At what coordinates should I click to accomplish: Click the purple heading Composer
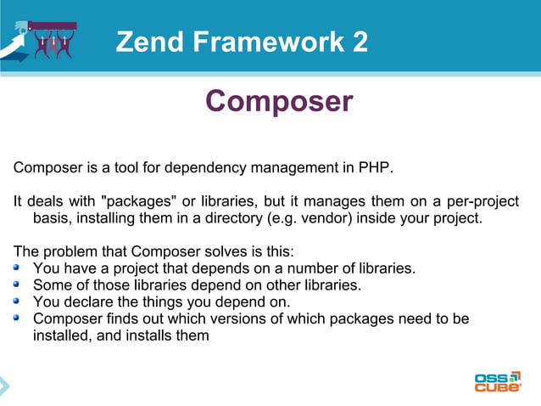pos(278,101)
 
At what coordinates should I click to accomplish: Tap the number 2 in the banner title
pos(360,42)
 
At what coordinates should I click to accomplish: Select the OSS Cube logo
pos(497,381)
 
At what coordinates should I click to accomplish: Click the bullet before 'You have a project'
pos(19,268)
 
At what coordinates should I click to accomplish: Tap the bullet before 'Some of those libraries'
pos(19,285)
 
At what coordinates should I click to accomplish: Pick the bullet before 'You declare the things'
pos(19,301)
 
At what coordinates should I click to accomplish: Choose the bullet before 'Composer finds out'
pos(19,318)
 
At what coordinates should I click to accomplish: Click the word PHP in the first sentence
pos(376,167)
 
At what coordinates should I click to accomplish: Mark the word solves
pos(224,251)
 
